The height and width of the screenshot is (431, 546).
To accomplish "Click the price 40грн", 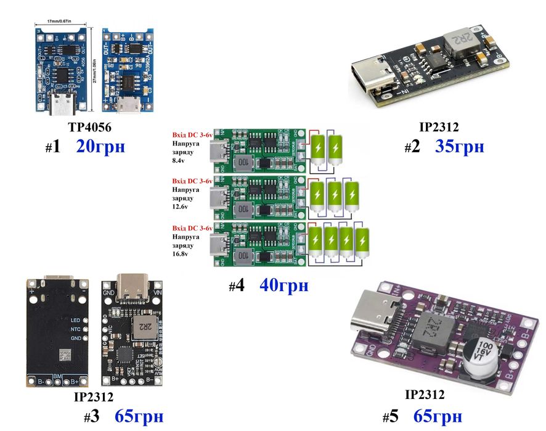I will pyautogui.click(x=283, y=286).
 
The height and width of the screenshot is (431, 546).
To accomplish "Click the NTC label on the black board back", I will pyautogui.click(x=75, y=330).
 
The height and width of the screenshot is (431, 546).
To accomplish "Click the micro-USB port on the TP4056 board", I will pyautogui.click(x=130, y=106).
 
